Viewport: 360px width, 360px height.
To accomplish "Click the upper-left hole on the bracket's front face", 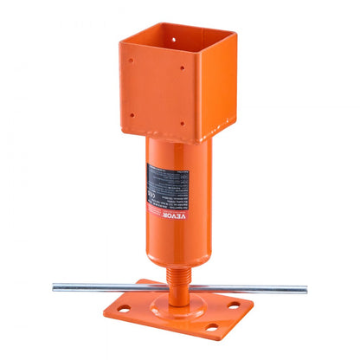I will (132, 61).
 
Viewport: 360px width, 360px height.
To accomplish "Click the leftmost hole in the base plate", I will (125, 308).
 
